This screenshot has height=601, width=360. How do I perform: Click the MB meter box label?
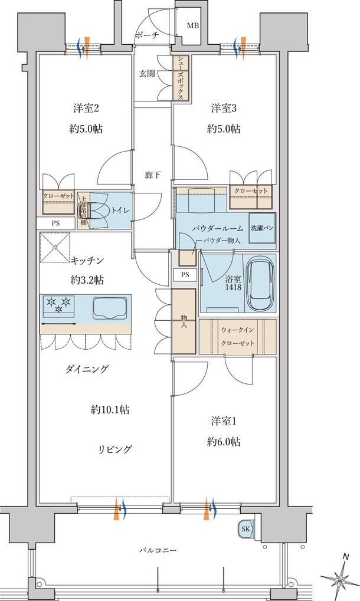point(193,26)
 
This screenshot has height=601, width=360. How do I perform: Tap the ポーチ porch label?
point(147,35)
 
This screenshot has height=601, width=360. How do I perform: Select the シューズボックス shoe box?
point(181,78)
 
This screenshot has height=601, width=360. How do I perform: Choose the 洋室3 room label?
point(224,109)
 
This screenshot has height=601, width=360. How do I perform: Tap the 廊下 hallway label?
point(153,175)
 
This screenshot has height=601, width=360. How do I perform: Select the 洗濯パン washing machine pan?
point(261,228)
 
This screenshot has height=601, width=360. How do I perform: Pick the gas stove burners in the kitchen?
point(59,305)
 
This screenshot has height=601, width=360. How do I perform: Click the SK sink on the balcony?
point(245,529)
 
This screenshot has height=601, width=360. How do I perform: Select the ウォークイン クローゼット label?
point(237,336)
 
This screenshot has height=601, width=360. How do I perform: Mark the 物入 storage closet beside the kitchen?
point(183,321)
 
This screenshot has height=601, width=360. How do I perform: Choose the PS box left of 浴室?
point(185,275)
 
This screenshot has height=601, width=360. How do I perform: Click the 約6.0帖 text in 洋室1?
point(224,442)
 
